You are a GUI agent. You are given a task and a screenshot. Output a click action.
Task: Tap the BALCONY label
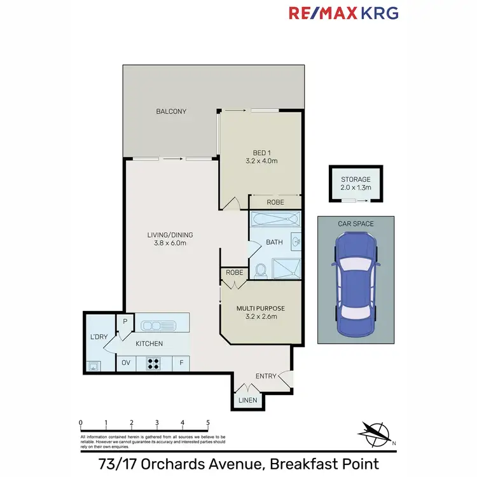click(x=171, y=112)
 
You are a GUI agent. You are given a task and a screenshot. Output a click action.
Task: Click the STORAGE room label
click(x=356, y=180)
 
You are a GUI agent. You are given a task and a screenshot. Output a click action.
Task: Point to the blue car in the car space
click(x=356, y=284)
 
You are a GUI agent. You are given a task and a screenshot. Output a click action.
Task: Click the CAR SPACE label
click(x=356, y=224)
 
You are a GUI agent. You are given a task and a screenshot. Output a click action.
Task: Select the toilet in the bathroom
click(x=259, y=270)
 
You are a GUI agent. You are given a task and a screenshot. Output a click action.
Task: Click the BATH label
click(x=274, y=242)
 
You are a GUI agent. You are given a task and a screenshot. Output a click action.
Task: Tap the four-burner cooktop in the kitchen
click(x=154, y=364)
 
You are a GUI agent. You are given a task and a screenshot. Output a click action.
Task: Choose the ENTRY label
click(x=265, y=376)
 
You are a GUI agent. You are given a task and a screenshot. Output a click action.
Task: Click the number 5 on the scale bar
click(x=208, y=422)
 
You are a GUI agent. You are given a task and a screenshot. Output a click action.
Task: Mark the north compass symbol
click(x=375, y=432)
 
